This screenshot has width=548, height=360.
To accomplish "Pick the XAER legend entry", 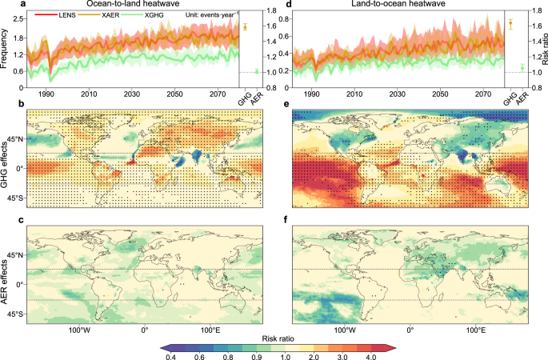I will click(102, 16).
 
